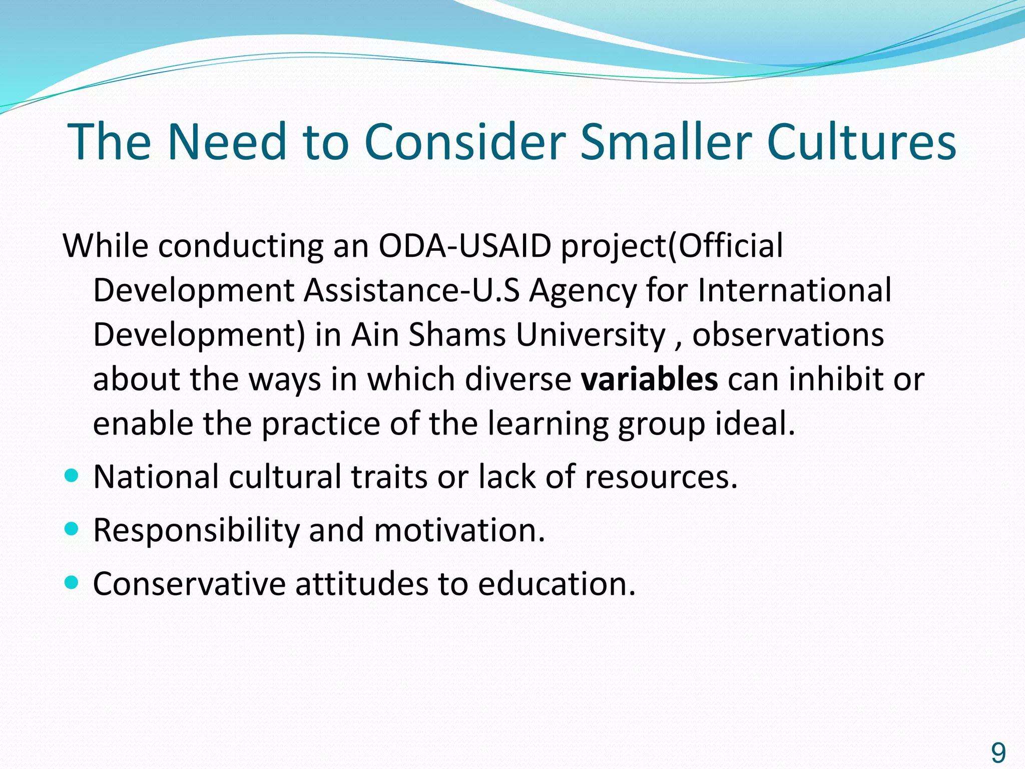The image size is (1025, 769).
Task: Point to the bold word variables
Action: [x=649, y=379]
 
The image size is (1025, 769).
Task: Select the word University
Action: [x=591, y=334]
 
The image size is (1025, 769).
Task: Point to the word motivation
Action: [x=458, y=530]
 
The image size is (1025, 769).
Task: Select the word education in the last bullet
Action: [x=556, y=584]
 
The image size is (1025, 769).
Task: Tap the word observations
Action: [x=788, y=334]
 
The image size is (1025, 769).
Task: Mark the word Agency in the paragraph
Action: [x=583, y=290]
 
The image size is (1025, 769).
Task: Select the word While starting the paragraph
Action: [x=106, y=246]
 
